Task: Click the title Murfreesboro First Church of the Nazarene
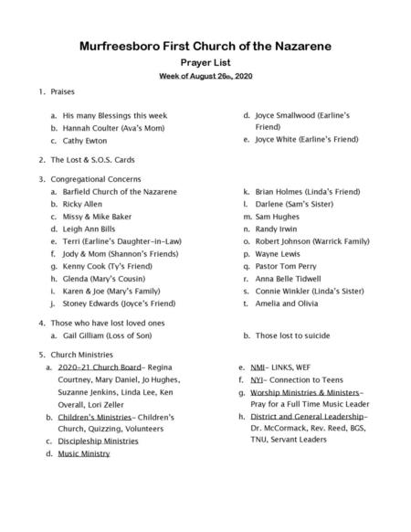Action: pyautogui.click(x=205, y=45)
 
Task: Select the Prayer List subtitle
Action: pyautogui.click(x=205, y=62)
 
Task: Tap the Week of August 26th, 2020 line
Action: pyautogui.click(x=205, y=76)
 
